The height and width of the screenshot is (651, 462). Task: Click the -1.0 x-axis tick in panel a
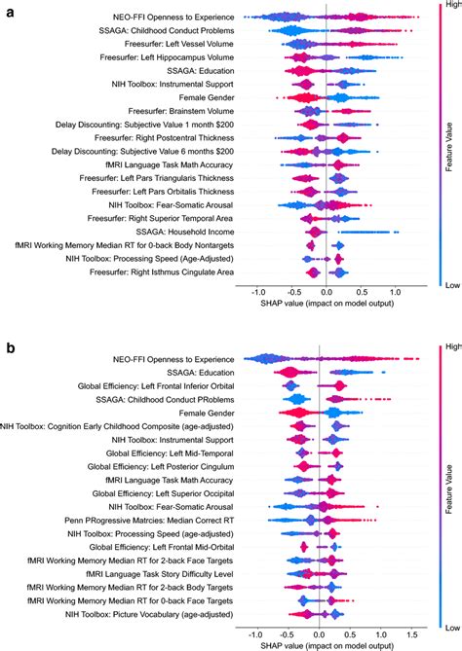(257, 291)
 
